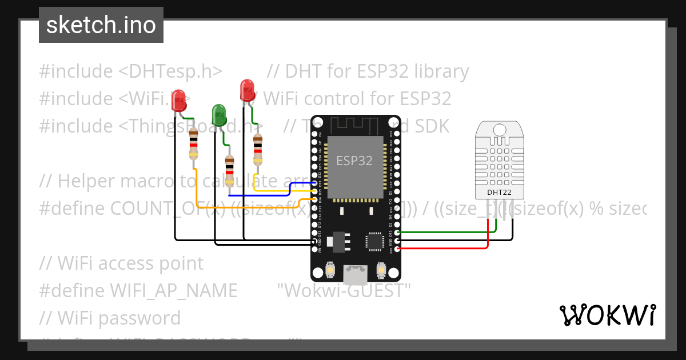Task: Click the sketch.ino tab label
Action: [101, 25]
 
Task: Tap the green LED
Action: [218, 114]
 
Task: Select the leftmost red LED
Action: [179, 101]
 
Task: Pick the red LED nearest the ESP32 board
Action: [247, 90]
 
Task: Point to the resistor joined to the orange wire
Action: [194, 145]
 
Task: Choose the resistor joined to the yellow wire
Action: [258, 149]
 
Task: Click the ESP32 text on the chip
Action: [354, 161]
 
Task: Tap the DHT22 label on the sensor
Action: [499, 193]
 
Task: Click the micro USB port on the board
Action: [355, 275]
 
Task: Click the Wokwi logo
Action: [607, 315]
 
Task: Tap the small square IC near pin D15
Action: [376, 241]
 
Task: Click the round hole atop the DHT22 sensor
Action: [499, 130]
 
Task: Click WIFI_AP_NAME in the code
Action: [174, 291]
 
